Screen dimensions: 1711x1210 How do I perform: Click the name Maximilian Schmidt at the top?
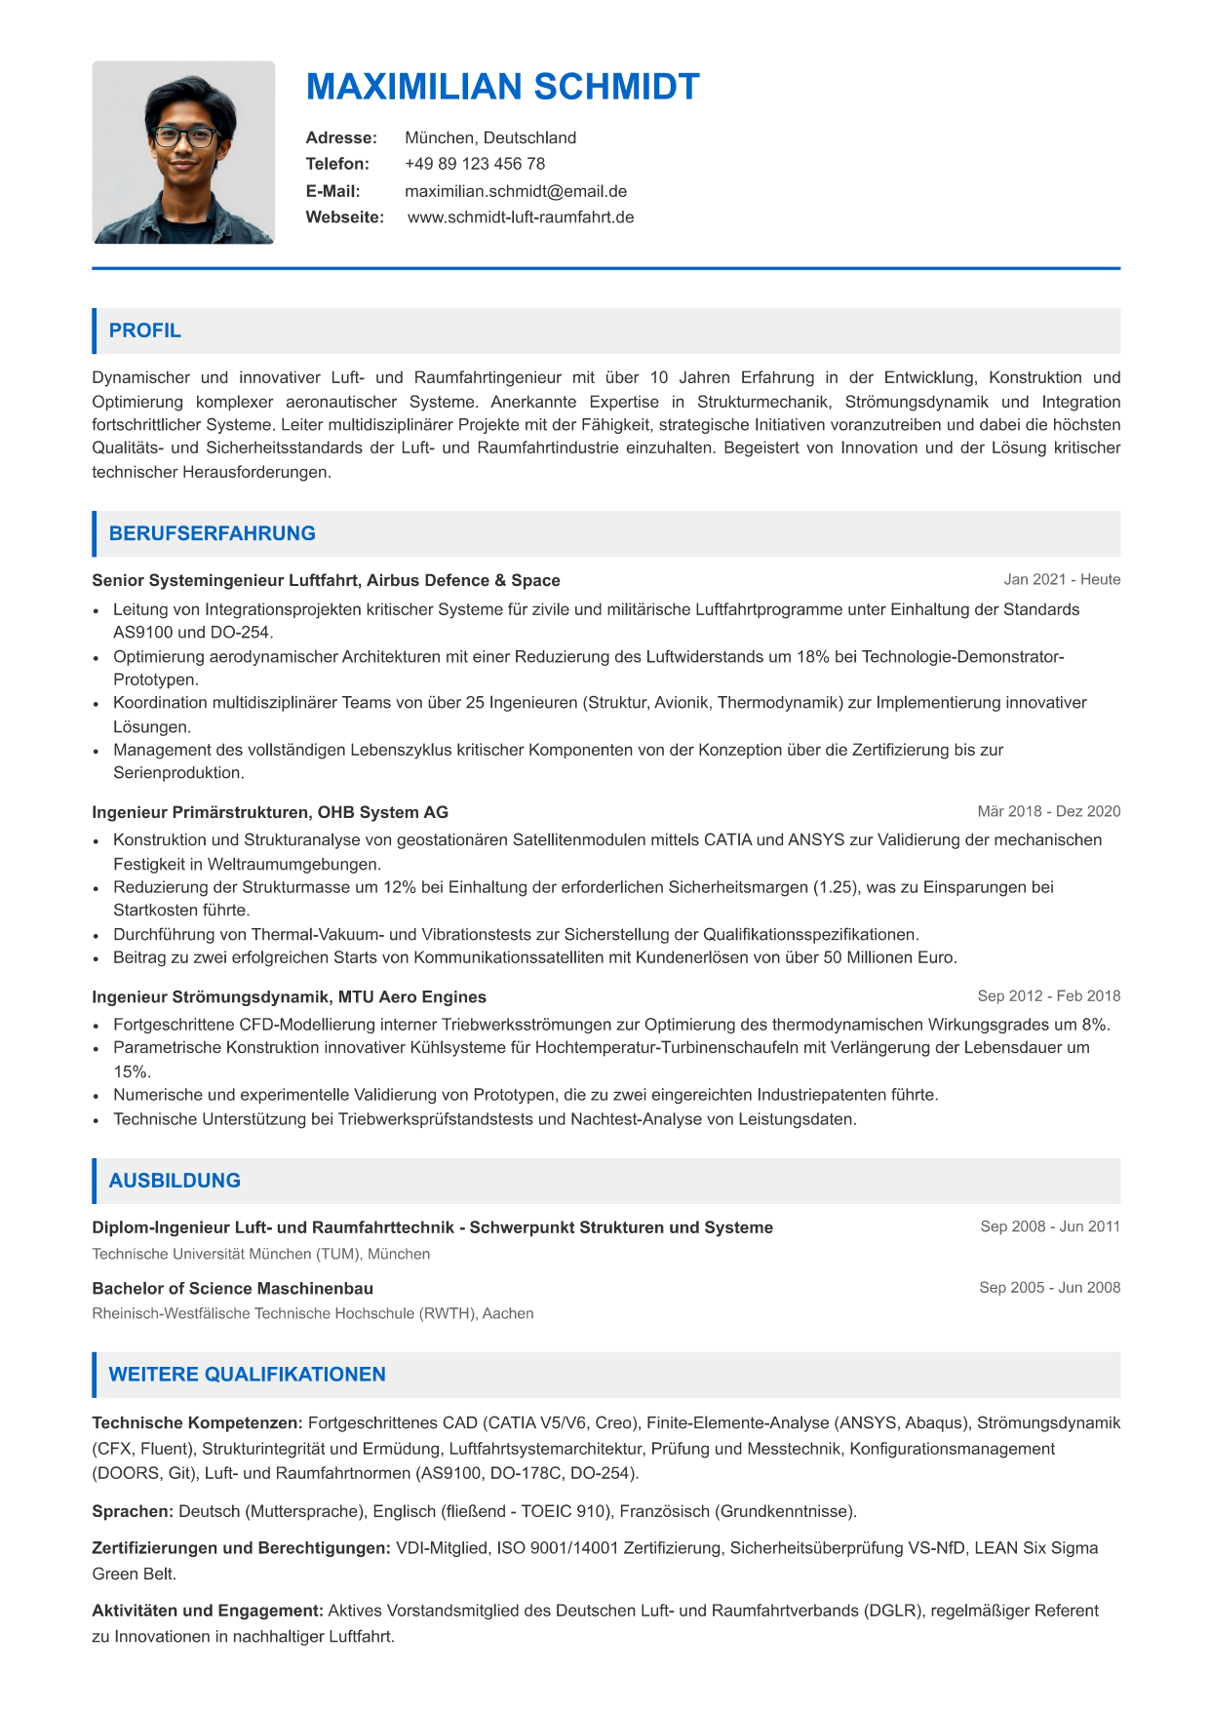click(502, 88)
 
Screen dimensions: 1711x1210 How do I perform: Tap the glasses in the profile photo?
click(184, 136)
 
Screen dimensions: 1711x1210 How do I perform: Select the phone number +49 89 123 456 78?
click(475, 164)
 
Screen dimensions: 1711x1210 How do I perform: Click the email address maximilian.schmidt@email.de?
click(516, 191)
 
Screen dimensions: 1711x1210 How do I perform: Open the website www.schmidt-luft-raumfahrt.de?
click(521, 217)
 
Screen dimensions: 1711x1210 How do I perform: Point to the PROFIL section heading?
click(145, 331)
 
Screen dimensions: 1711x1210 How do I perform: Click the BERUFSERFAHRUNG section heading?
click(213, 533)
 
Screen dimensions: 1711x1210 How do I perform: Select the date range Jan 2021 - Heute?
click(1062, 579)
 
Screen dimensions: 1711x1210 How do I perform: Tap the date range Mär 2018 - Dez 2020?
click(1048, 811)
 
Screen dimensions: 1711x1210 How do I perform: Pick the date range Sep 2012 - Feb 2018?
click(1048, 995)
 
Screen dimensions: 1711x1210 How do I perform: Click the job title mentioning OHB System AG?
click(270, 812)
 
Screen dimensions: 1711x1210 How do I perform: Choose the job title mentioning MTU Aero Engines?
click(289, 996)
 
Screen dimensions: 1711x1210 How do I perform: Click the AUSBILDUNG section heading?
click(175, 1181)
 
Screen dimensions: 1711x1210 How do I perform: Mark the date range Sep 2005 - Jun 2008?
click(1049, 1287)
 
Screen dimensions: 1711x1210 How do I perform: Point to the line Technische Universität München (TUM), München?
click(261, 1254)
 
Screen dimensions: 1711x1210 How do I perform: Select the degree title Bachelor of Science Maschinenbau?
click(233, 1288)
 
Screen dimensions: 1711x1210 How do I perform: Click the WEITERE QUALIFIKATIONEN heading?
click(248, 1375)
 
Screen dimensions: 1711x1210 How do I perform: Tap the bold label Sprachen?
click(133, 1511)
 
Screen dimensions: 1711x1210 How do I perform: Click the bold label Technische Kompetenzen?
click(198, 1422)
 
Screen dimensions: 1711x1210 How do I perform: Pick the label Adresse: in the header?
click(341, 137)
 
